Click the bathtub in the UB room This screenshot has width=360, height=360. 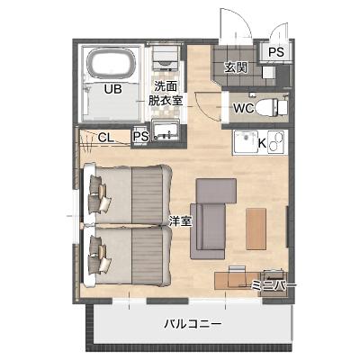pos(112,65)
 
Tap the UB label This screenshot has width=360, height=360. pos(112,89)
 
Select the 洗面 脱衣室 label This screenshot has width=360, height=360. pos(166,94)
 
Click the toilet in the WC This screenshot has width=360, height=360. pos(272,107)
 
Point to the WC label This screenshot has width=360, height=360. pos(244,108)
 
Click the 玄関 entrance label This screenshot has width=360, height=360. pos(236,68)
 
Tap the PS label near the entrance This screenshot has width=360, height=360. pos(275,52)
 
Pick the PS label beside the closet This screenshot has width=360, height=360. pos(141,137)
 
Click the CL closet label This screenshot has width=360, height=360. pos(106,138)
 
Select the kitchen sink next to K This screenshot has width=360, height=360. pos(246,141)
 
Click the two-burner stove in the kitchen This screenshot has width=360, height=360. pos(277,142)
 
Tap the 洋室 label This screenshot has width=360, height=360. pos(180,221)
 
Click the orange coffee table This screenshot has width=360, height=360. pos(256,229)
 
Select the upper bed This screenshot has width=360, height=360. pos(128,193)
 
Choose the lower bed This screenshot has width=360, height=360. pos(128,256)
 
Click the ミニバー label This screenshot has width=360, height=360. pos(273,284)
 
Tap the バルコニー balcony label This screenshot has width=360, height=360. pos(193,324)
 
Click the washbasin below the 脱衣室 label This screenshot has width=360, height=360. pos(166,130)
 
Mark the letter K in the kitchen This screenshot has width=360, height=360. pos(262,143)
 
